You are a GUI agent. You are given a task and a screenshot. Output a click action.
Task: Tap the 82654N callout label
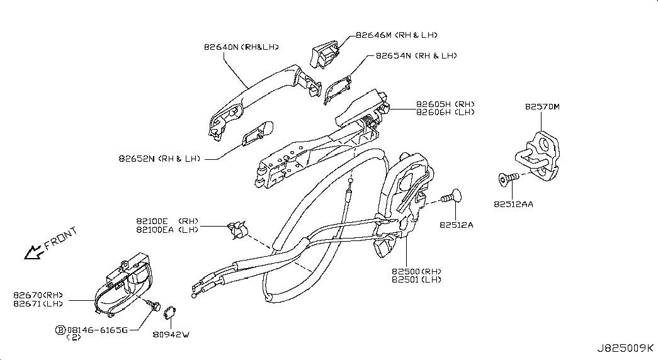(x=394, y=55)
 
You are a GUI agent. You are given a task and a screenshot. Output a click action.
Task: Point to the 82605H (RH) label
(x=445, y=104)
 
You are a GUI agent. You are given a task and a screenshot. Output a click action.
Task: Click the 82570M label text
(x=542, y=106)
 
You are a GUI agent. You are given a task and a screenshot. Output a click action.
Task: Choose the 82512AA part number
(x=513, y=205)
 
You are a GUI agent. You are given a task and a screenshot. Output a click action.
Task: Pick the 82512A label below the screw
(x=456, y=225)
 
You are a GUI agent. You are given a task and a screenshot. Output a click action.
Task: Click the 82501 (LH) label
(x=417, y=279)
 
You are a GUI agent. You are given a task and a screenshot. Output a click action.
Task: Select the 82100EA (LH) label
(x=167, y=230)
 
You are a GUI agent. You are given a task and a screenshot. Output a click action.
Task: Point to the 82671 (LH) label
(x=38, y=303)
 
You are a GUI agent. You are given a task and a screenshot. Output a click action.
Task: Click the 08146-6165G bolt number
(x=98, y=330)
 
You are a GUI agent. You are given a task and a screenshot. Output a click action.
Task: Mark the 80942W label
(x=171, y=334)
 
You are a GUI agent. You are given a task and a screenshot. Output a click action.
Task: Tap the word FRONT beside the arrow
(x=61, y=238)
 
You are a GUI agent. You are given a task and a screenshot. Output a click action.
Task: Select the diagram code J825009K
(x=625, y=348)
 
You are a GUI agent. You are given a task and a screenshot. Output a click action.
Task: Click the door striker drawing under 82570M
(x=538, y=155)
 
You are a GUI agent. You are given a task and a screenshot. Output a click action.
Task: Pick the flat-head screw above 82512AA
(x=508, y=179)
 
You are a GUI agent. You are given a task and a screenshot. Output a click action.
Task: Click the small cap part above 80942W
(x=170, y=312)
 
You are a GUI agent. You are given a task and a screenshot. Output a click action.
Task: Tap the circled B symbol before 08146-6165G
(x=60, y=330)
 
